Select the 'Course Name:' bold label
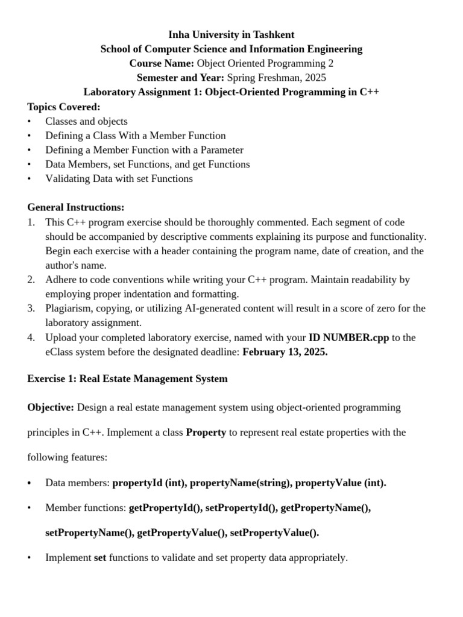tap(162, 63)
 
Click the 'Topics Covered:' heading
tap(64, 107)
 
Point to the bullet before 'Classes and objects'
tap(30, 121)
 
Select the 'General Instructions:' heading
tap(76, 207)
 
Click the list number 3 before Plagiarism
tap(31, 308)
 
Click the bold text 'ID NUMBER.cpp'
tap(348, 337)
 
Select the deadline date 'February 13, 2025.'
tap(285, 351)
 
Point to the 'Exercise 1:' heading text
tap(52, 379)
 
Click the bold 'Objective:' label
tap(51, 407)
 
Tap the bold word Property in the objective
tap(206, 432)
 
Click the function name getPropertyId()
tap(166, 508)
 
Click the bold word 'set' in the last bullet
tap(100, 558)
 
